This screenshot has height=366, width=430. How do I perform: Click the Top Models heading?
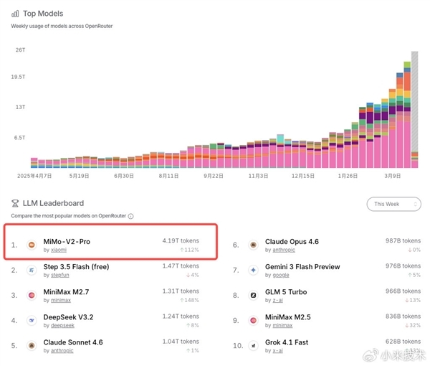pos(42,14)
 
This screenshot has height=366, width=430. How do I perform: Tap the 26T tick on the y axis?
pos(20,50)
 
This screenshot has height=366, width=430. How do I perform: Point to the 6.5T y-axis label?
pos(21,137)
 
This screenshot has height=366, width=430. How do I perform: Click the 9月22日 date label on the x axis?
pos(214,175)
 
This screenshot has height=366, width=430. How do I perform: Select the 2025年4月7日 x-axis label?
pos(34,175)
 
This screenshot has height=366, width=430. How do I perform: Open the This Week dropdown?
pos(393,204)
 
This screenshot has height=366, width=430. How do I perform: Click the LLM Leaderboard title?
pos(53,204)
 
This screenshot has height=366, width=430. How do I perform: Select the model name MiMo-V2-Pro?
pos(67,241)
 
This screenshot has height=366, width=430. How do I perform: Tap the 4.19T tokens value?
pos(181,240)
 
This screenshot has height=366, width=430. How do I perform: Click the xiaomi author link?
pos(57,250)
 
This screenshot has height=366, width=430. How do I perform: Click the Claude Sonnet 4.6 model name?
pos(72,342)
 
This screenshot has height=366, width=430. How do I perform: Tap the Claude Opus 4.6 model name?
pos(292,242)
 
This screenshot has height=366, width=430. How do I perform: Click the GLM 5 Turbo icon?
pos(254,295)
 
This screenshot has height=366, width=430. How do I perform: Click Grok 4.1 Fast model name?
pos(286,342)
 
